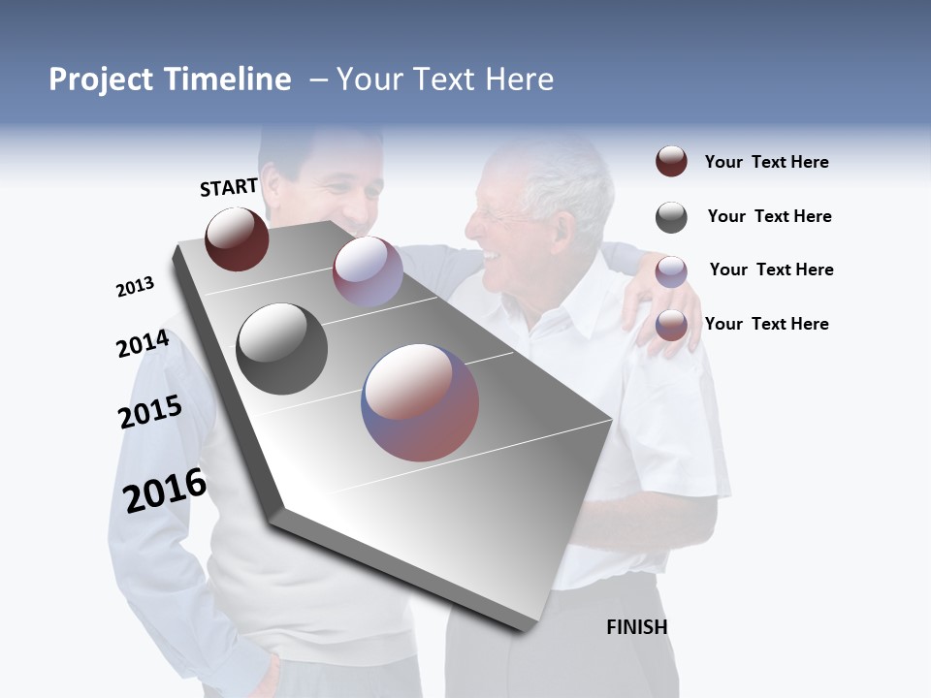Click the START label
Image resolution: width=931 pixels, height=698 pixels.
229,187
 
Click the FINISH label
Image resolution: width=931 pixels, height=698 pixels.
636,627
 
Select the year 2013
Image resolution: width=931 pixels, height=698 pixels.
135,287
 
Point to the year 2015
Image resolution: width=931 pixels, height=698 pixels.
150,412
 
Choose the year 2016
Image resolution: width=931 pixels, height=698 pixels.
165,491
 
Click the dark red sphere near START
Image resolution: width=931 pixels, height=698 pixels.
237,238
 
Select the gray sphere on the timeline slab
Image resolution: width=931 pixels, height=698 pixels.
282,349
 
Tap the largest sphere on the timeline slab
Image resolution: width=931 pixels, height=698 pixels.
420,402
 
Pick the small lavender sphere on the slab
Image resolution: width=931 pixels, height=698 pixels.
368,271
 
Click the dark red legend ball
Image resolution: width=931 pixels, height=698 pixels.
671,161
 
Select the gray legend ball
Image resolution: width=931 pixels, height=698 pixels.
671,217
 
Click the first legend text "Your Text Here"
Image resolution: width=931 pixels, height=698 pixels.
766,162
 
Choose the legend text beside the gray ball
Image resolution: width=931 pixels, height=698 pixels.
769,216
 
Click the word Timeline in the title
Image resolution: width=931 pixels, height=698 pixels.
228,79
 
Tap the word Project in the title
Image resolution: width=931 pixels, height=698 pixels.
101,79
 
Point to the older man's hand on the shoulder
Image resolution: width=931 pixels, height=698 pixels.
664,310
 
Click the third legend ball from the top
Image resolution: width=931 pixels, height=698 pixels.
671,271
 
